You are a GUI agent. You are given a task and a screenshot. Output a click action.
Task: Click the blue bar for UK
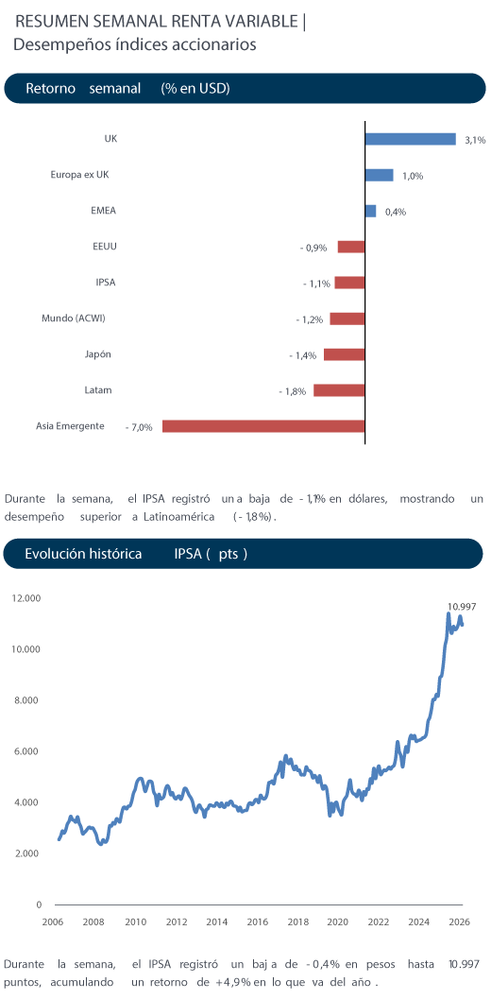tap(410, 139)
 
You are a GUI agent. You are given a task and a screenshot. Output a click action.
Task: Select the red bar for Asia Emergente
tap(263, 426)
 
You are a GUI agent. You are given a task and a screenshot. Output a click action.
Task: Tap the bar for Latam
tap(339, 390)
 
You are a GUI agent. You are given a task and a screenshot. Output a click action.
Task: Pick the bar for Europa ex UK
tap(380, 175)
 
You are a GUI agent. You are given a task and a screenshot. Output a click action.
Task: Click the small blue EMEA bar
tap(371, 211)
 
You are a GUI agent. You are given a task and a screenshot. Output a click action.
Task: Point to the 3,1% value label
tap(475, 140)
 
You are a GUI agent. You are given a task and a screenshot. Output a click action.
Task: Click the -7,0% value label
tap(139, 427)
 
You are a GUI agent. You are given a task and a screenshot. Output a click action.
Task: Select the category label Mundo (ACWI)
tap(74, 318)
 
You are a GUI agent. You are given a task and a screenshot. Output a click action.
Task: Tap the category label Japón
tap(98, 354)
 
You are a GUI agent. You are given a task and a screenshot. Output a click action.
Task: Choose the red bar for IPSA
tap(349, 283)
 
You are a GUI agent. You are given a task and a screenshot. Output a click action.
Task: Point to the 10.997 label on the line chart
tap(462, 607)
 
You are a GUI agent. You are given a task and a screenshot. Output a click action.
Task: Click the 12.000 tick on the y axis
tap(26, 598)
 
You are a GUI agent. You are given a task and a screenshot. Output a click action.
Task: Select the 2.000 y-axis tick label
tap(28, 853)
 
